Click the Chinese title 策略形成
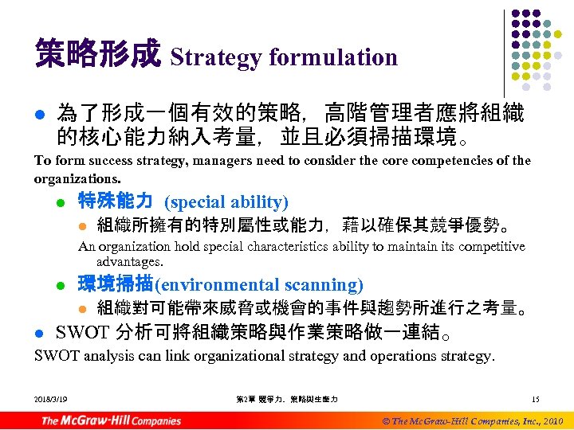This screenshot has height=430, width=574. click(x=97, y=55)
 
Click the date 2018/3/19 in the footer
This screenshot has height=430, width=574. click(x=51, y=398)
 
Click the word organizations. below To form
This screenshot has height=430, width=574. click(x=77, y=178)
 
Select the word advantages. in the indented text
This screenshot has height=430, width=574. click(x=129, y=261)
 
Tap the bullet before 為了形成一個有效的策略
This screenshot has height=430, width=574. click(x=39, y=116)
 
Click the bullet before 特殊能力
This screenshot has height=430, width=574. click(x=61, y=202)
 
